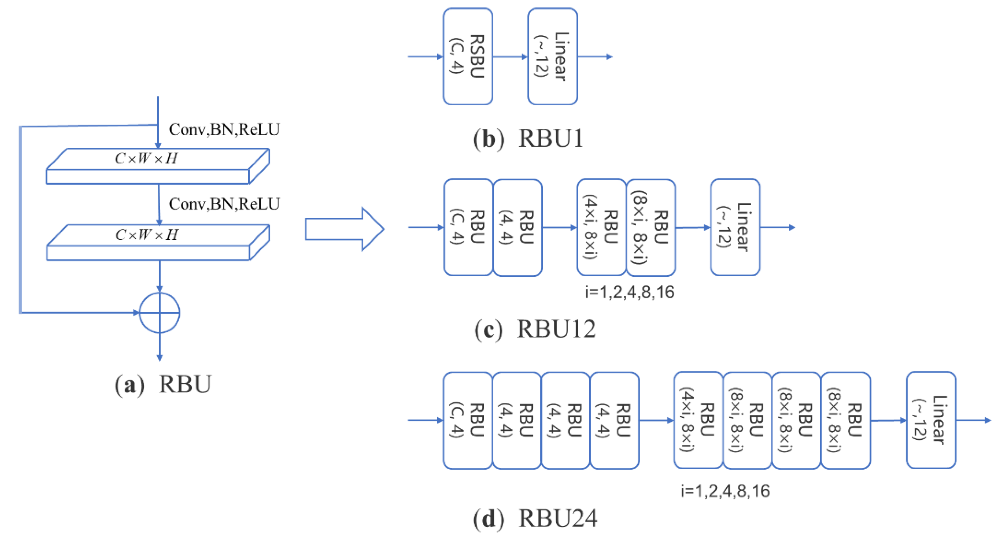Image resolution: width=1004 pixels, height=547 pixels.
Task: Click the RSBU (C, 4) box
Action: tap(468, 57)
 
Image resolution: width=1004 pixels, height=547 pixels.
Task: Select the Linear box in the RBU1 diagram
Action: tap(552, 57)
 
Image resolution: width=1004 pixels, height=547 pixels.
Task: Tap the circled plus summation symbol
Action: tap(159, 313)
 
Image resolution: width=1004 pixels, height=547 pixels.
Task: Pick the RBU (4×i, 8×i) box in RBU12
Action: tap(601, 228)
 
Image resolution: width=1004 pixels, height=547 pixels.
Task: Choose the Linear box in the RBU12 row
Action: tap(735, 228)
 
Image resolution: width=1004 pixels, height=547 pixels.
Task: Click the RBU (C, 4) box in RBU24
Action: tap(468, 420)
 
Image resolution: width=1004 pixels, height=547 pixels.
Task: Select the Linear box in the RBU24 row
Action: tap(931, 420)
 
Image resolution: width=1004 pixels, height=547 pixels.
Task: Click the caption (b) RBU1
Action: tap(528, 138)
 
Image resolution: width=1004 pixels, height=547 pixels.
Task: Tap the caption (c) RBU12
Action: tap(535, 329)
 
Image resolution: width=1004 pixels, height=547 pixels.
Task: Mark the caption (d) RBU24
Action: tap(535, 519)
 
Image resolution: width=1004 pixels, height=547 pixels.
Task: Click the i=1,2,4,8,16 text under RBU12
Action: tap(630, 292)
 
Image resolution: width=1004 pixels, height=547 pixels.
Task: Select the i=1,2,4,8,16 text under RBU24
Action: tap(725, 491)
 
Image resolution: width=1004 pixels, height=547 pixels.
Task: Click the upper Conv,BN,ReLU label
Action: tap(224, 129)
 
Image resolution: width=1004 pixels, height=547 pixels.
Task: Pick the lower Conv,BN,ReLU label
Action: tap(224, 204)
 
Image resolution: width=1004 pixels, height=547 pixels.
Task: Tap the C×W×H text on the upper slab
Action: tap(146, 159)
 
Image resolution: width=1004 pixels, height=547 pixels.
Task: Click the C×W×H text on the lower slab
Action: tap(147, 235)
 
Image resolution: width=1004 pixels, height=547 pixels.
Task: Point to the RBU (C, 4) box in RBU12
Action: tap(468, 228)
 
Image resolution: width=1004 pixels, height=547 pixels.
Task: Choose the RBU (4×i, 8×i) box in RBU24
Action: tap(698, 420)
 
